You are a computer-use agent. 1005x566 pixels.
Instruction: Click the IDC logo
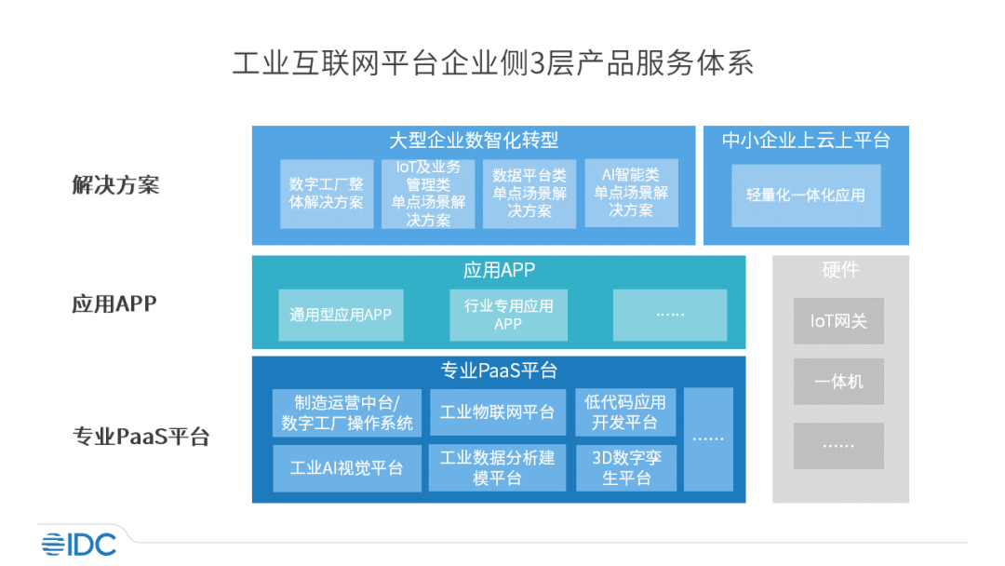[79, 545]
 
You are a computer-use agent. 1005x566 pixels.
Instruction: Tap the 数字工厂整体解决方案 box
[327, 194]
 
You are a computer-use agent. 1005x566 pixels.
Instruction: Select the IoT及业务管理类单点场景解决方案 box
[428, 194]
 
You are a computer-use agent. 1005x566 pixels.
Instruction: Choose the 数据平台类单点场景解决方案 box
[529, 194]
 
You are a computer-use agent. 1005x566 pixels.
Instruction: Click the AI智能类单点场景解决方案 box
[631, 193]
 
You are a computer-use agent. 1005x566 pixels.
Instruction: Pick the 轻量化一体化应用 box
[806, 195]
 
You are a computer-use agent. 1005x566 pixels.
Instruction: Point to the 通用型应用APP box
[341, 315]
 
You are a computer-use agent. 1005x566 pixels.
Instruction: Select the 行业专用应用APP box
[508, 315]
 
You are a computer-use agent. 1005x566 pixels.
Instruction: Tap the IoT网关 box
[838, 321]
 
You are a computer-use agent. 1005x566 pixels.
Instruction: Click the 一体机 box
[838, 382]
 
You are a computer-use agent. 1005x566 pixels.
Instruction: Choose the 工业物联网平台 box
[497, 412]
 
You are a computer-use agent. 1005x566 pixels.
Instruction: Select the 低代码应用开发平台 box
[625, 412]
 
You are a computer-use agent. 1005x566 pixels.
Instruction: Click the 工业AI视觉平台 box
[347, 468]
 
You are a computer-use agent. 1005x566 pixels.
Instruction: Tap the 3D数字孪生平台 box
[626, 468]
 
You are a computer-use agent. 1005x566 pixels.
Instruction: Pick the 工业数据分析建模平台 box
[497, 468]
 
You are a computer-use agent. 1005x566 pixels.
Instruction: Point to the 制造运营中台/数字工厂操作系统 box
[347, 412]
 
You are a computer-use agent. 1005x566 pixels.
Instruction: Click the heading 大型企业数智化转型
[474, 141]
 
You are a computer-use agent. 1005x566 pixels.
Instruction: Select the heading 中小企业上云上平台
[806, 141]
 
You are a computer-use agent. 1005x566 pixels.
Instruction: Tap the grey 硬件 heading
[840, 270]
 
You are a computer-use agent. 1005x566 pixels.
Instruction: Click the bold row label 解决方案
[115, 185]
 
